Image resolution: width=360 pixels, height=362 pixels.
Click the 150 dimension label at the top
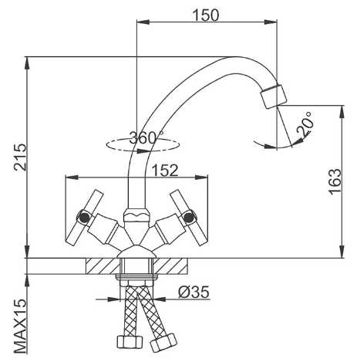206,15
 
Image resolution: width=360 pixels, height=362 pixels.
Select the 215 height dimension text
20,157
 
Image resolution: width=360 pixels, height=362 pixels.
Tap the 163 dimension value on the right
335,181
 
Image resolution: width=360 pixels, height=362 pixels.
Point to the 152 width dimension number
165,170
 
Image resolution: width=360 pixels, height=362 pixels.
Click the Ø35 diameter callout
193,292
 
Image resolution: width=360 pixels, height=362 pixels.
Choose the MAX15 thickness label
20,326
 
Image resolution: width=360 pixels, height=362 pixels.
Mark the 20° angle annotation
305,124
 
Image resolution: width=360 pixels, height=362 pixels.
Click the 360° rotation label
146,137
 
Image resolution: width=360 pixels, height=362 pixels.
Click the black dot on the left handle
84,218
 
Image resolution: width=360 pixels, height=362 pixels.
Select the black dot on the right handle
189,218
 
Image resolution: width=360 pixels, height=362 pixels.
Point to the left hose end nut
130,342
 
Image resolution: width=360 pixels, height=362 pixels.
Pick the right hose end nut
163,343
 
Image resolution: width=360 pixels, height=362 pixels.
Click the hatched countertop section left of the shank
103,266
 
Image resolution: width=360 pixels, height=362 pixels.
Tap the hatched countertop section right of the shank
170,266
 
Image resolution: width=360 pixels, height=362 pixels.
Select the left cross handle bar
84,218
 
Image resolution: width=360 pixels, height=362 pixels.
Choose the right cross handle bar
189,218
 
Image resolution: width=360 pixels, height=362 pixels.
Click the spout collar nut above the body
136,215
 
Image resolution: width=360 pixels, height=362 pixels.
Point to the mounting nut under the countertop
136,277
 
